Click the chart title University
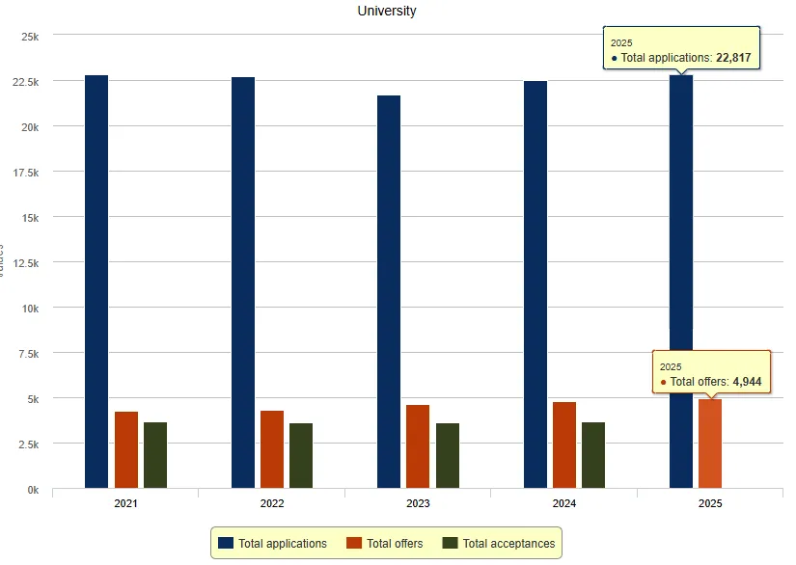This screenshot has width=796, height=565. [x=386, y=12]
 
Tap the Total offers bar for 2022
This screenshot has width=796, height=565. [x=272, y=449]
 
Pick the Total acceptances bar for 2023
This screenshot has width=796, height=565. [x=448, y=455]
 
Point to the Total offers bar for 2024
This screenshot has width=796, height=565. [x=564, y=444]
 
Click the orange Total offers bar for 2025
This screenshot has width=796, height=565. [x=710, y=444]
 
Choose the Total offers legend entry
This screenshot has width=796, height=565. [x=385, y=544]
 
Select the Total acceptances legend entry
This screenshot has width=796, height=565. [x=499, y=544]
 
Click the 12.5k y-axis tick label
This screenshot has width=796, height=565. [x=22, y=263]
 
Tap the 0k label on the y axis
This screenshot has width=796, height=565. [x=32, y=490]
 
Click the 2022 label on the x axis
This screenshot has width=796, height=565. [x=272, y=504]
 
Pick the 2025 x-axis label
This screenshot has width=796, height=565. [x=710, y=504]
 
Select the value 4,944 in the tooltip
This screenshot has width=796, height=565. [x=747, y=382]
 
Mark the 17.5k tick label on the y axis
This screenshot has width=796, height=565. [x=22, y=173]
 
